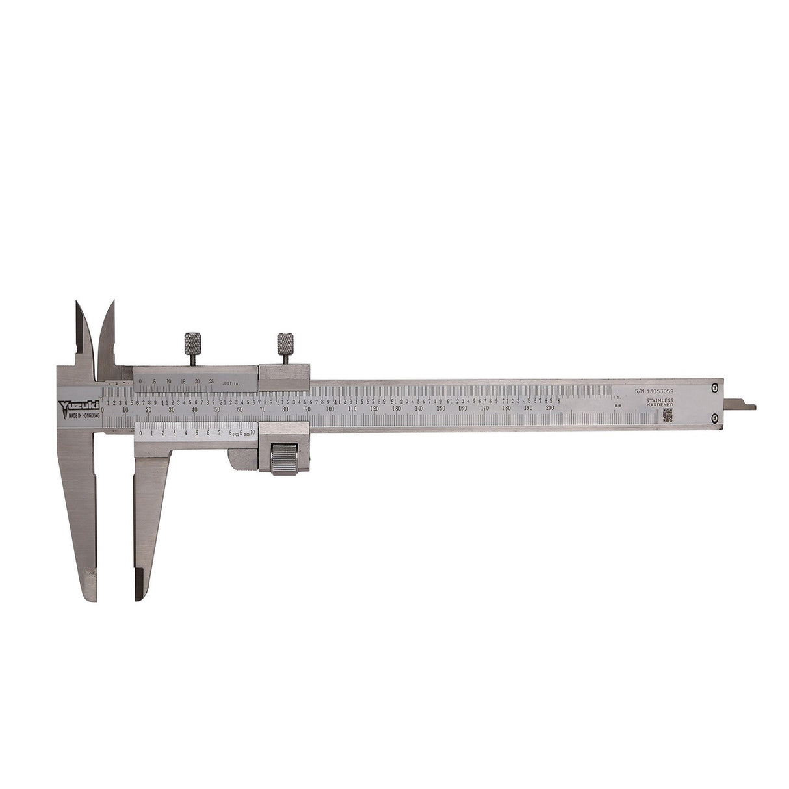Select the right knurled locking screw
(x=285, y=343)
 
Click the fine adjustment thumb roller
(x=284, y=458)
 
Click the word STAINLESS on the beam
(x=659, y=400)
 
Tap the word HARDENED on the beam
(x=659, y=406)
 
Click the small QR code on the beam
(x=667, y=416)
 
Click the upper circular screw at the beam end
(x=716, y=388)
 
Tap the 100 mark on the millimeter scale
(x=330, y=409)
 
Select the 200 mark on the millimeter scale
(x=550, y=408)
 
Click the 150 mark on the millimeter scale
(x=440, y=409)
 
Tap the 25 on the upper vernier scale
(x=211, y=382)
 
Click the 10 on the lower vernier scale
(x=253, y=432)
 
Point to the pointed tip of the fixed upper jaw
(x=77, y=304)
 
